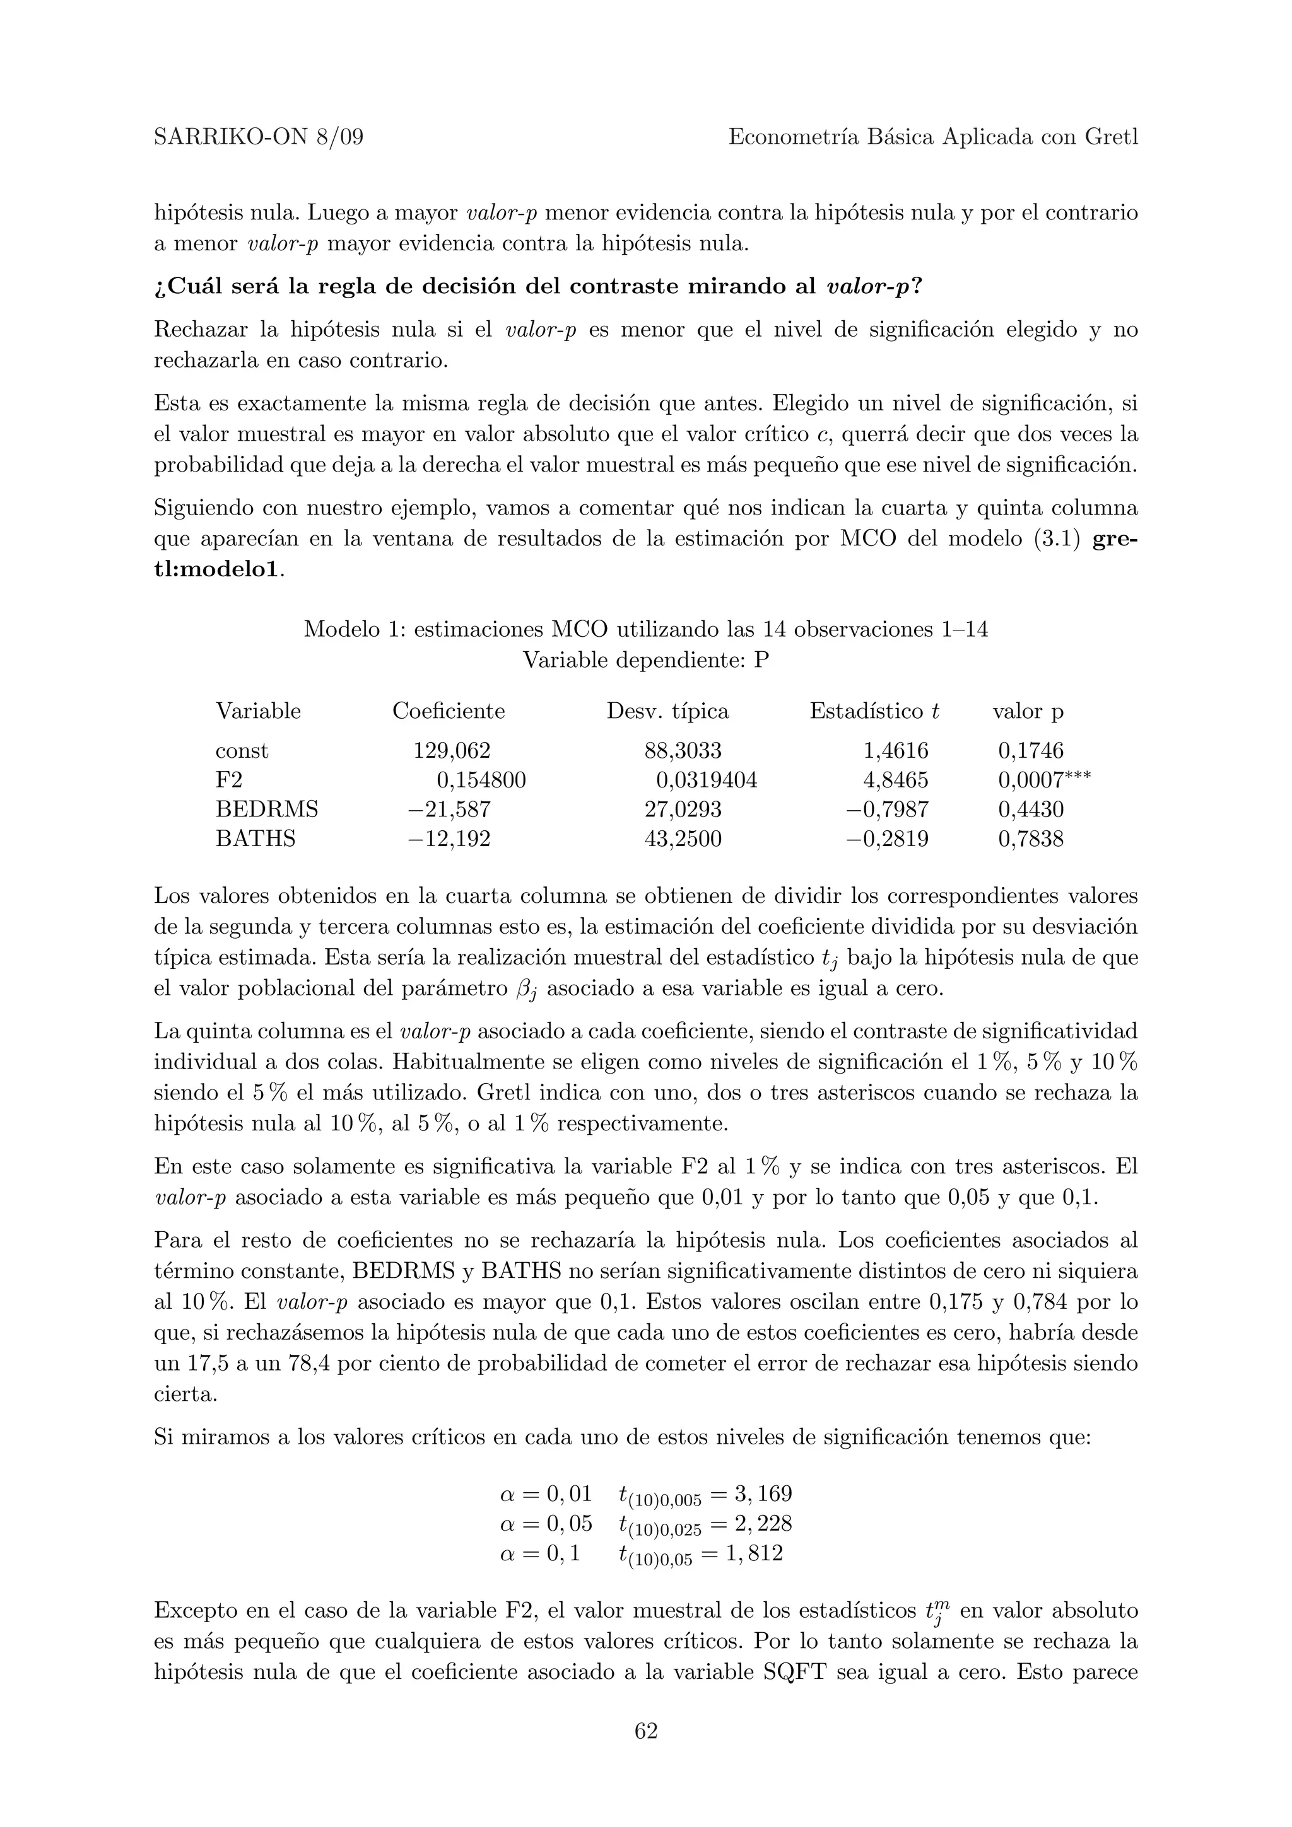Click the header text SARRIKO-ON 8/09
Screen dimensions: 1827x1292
click(x=259, y=137)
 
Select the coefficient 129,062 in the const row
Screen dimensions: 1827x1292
click(x=451, y=750)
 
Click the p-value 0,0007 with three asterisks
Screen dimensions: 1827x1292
click(x=1043, y=780)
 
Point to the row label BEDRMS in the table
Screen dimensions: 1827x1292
click(x=267, y=809)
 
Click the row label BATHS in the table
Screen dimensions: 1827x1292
click(x=255, y=838)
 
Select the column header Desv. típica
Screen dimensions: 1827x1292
click(x=667, y=710)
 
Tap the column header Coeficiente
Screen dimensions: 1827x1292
click(x=448, y=710)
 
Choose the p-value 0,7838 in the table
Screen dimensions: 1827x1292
click(x=1031, y=838)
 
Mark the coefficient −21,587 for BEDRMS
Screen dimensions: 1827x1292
click(x=449, y=809)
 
